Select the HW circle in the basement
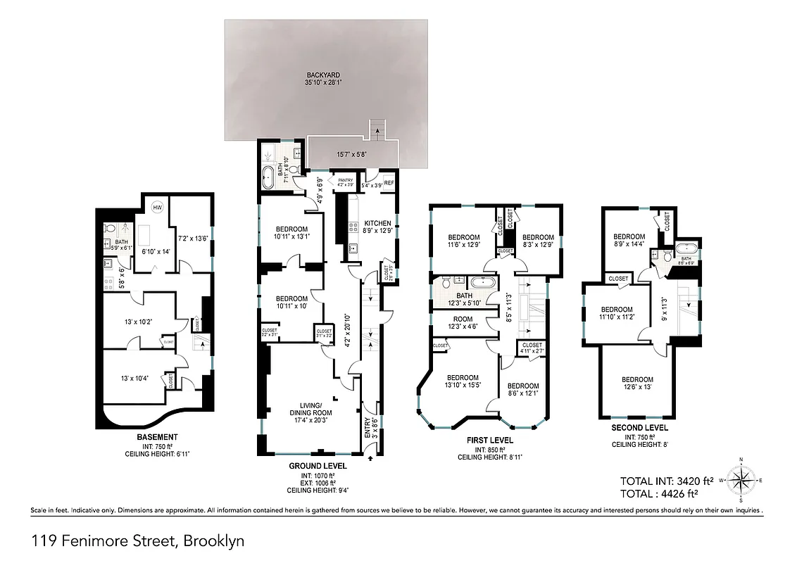[157, 208]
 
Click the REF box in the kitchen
[389, 183]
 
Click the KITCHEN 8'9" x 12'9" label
[377, 227]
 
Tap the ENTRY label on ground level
[367, 429]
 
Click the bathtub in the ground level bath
[269, 177]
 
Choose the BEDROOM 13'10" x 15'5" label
[463, 380]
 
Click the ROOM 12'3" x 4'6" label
[463, 322]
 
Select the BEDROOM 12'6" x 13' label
[637, 384]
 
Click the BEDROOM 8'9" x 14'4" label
[629, 241]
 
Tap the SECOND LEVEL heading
[636, 427]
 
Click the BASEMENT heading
[157, 437]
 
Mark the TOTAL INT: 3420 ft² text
[667, 481]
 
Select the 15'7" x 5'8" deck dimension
[352, 154]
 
